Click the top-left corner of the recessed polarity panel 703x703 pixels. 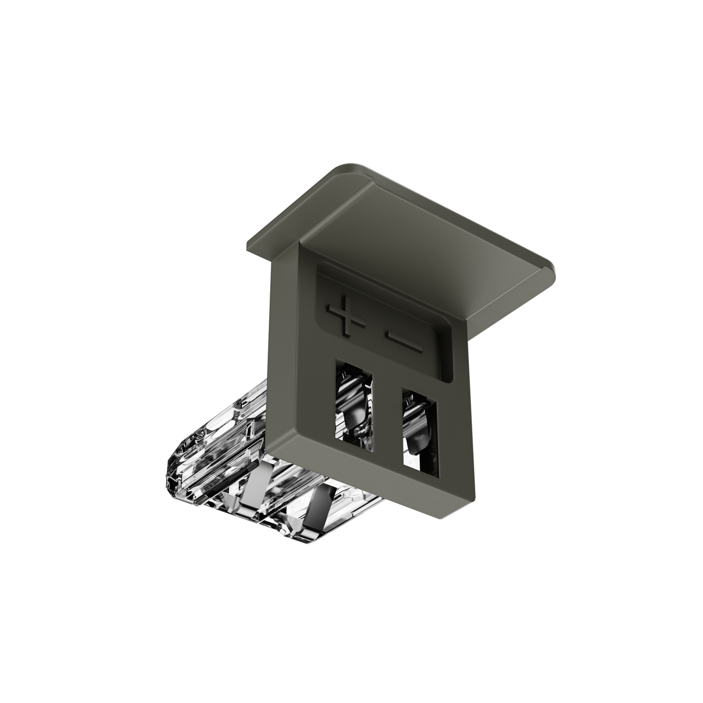[318, 266]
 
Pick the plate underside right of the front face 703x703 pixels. [506, 292]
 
